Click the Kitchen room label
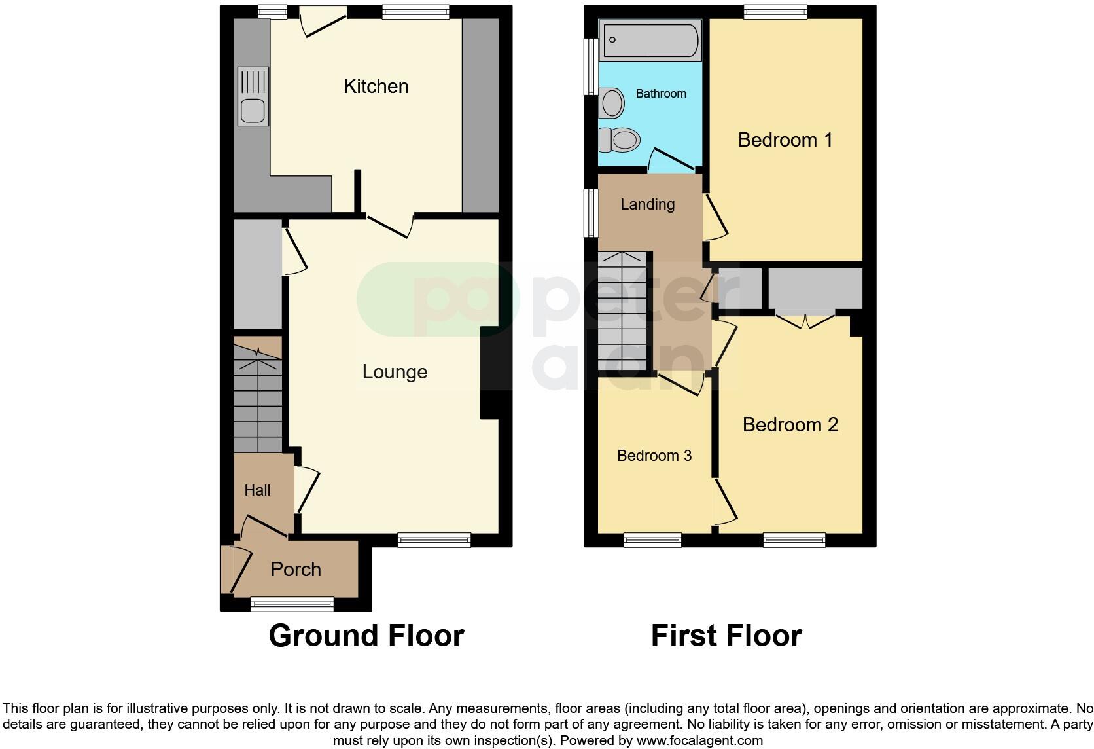376,86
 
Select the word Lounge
395,372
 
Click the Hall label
257,490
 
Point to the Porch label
296,570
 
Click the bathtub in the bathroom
650,41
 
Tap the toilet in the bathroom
620,139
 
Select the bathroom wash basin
612,103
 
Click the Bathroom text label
661,94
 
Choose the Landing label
647,204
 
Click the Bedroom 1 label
785,140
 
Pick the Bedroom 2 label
790,425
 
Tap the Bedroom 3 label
654,456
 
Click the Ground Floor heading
366,636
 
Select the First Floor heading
726,636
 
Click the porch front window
292,604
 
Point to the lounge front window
434,540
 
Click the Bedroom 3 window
652,540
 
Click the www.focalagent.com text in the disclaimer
699,740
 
